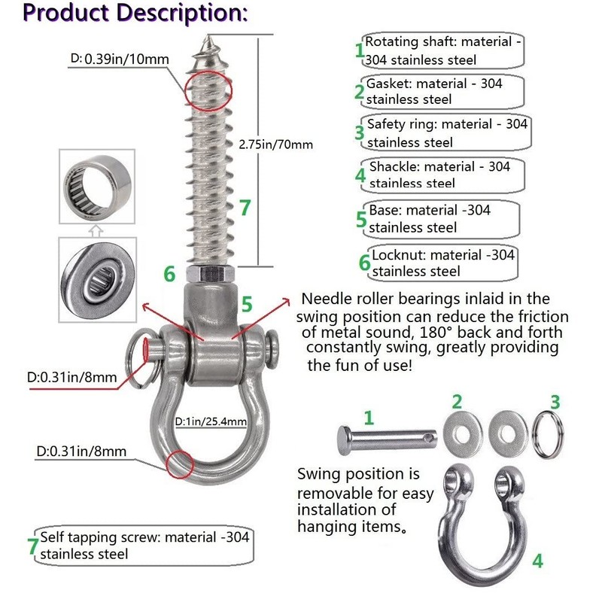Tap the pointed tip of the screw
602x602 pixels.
(x=208, y=38)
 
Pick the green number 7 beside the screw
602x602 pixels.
(x=245, y=207)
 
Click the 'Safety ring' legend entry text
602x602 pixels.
(x=447, y=132)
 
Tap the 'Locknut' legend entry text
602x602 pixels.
(x=443, y=263)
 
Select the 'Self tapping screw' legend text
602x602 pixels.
(x=143, y=546)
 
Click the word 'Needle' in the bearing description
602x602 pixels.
(x=325, y=299)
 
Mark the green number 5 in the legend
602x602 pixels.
(x=361, y=220)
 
